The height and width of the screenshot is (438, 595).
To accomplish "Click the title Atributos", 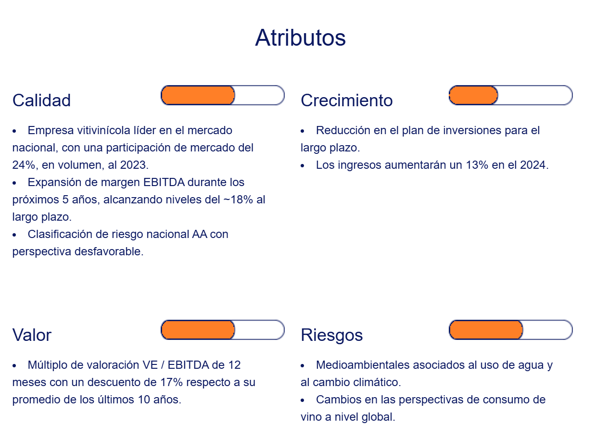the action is [x=300, y=38].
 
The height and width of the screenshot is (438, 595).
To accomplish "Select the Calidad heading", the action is [x=41, y=100].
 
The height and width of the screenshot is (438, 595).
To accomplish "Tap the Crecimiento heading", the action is [x=347, y=100].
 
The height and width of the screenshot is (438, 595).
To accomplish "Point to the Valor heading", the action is [x=32, y=335].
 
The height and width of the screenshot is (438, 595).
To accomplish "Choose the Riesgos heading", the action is [x=331, y=335].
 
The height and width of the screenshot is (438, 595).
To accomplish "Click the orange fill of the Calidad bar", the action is [x=198, y=95].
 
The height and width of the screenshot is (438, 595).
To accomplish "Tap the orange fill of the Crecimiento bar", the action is [x=473, y=95].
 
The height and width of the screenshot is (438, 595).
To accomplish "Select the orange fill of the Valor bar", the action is [x=198, y=330].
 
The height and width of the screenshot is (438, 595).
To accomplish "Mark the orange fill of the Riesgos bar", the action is [x=486, y=330].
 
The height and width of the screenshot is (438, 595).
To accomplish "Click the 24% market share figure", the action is [x=24, y=165].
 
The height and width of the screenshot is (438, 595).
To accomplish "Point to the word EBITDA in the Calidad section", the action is [x=164, y=182].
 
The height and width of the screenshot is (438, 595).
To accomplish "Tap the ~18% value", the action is [x=238, y=200].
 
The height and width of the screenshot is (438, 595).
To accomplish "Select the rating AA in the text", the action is [x=200, y=235].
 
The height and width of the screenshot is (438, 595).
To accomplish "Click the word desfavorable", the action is [x=109, y=251].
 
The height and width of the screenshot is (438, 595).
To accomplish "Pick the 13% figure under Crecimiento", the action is [x=477, y=165].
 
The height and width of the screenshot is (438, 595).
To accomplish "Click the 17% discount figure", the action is [x=172, y=383].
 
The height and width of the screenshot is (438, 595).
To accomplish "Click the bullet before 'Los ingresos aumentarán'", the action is [x=302, y=166].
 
